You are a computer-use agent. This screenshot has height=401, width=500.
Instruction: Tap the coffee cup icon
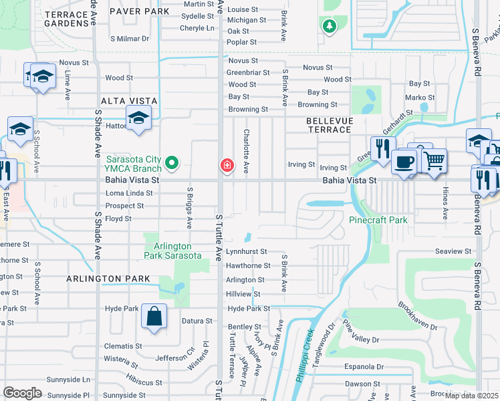(x=404, y=162)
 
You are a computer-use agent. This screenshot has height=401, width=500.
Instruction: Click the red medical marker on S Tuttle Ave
(x=227, y=164)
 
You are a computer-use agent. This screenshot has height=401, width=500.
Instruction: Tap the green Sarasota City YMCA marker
(x=172, y=162)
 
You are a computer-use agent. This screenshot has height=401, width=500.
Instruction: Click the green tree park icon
(x=328, y=26)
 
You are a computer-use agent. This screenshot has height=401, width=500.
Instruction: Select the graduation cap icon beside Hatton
(x=138, y=119)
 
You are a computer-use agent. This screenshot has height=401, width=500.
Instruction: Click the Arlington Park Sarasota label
(x=172, y=251)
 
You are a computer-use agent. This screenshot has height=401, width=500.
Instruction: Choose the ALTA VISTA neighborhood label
(x=129, y=101)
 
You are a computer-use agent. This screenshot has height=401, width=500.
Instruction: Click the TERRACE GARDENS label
(x=67, y=19)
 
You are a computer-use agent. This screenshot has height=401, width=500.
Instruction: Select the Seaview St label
(x=453, y=251)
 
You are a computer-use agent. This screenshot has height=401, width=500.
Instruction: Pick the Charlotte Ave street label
(x=246, y=152)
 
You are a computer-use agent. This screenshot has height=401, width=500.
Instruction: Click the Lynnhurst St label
(x=246, y=252)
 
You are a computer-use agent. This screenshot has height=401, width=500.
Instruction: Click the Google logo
(x=23, y=392)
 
